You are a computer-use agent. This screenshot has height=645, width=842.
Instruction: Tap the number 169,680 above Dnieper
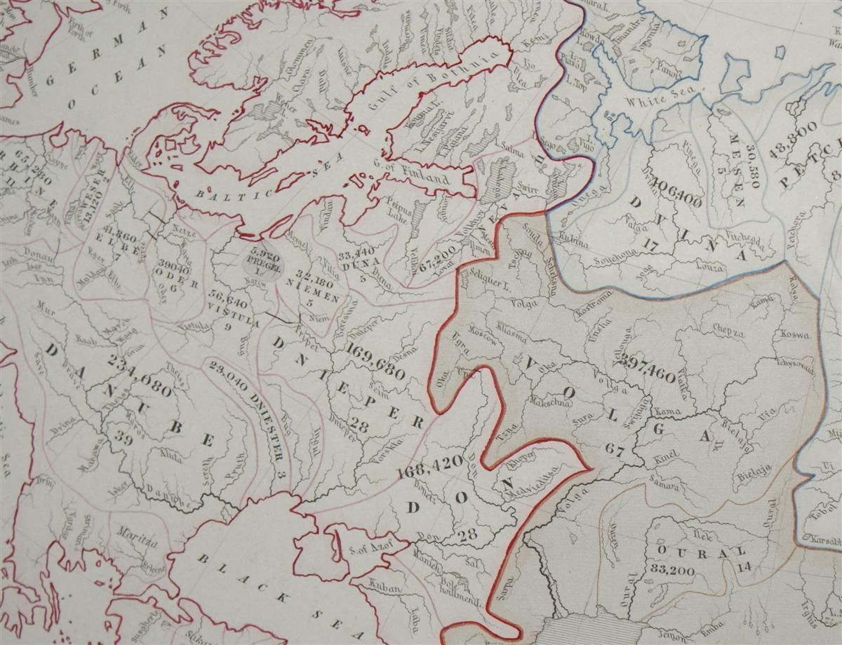[x=375, y=358]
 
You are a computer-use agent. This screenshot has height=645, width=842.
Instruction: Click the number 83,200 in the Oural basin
[x=672, y=570]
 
